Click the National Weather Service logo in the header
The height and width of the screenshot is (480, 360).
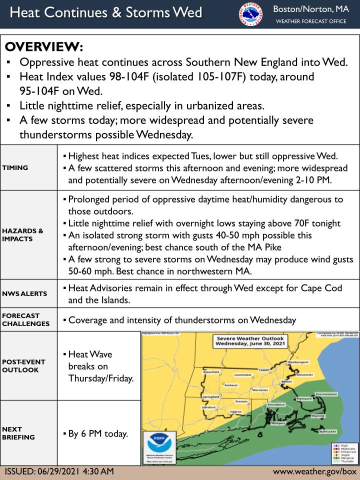(x=250, y=14)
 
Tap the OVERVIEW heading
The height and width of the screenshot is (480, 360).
(x=44, y=47)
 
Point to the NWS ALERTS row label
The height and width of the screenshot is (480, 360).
(x=24, y=293)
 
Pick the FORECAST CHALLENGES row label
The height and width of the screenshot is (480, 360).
(x=26, y=319)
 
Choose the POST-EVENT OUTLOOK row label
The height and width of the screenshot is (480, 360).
(x=24, y=365)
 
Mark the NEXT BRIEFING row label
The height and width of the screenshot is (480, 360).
(x=18, y=433)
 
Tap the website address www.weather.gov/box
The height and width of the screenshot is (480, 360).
(x=314, y=472)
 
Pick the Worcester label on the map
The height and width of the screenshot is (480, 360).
(x=260, y=389)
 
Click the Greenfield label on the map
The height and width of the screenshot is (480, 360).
(x=211, y=372)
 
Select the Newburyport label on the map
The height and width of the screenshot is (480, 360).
(x=299, y=361)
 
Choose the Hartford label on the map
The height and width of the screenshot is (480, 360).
(x=208, y=407)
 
